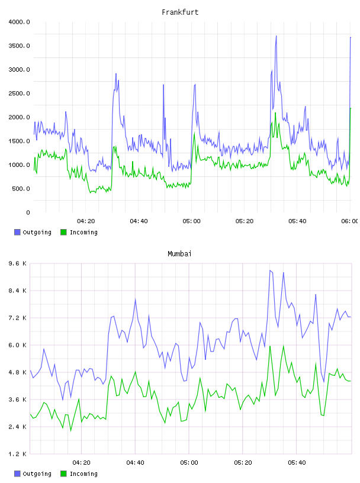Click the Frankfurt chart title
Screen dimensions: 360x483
point(180,12)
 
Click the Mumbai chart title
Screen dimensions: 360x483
point(179,253)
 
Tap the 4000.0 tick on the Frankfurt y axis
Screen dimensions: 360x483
point(19,22)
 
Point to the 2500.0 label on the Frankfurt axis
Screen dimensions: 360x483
point(19,94)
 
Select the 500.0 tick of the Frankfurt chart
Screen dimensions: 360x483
point(21,188)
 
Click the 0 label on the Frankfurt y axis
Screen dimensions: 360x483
point(28,212)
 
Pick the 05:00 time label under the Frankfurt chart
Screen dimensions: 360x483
point(191,221)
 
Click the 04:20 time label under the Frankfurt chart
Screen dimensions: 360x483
point(86,221)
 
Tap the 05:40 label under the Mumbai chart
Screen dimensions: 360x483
point(297,462)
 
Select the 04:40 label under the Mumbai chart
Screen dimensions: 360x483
point(136,462)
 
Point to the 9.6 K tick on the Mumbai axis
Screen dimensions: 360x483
point(18,263)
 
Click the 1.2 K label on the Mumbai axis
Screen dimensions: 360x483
point(18,454)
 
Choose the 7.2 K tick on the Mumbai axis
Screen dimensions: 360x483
point(18,318)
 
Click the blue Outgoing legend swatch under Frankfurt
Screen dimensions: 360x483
point(17,232)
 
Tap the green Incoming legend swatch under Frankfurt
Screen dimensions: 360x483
point(63,232)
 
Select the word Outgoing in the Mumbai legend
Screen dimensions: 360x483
point(37,474)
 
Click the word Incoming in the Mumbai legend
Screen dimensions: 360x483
point(83,474)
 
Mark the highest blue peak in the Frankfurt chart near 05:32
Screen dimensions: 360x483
point(276,36)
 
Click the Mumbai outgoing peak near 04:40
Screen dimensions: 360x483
point(136,299)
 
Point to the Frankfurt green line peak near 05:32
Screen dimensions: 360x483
point(275,112)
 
